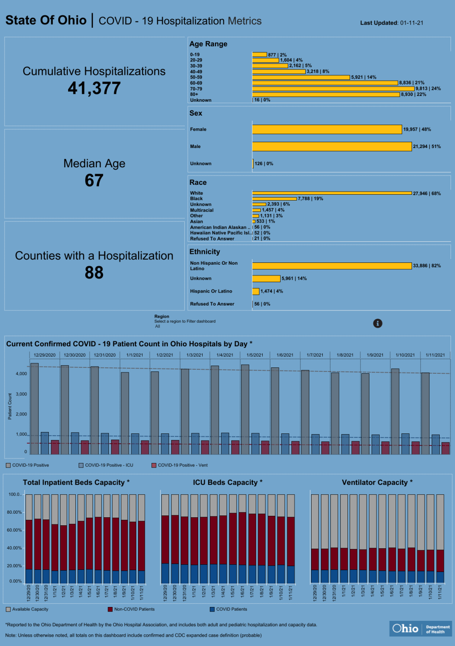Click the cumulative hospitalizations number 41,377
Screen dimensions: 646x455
(94, 88)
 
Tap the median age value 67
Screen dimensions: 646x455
(94, 180)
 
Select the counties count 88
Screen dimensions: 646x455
(94, 273)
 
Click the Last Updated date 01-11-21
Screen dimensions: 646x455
(412, 23)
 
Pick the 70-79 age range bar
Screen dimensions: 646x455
(333, 89)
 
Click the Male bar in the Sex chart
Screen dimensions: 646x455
(332, 147)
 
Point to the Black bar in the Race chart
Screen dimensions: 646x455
(274, 199)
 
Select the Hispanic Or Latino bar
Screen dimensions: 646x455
(256, 292)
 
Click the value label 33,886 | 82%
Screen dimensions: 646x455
(427, 266)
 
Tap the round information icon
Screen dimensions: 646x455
(378, 323)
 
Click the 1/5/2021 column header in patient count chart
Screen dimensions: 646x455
(255, 355)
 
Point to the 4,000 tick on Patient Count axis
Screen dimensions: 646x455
(22, 374)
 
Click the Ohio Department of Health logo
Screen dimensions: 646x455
(420, 629)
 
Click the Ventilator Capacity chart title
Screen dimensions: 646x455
(377, 483)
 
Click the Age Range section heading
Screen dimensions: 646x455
(208, 44)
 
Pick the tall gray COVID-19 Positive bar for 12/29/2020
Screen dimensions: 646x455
(35, 408)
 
